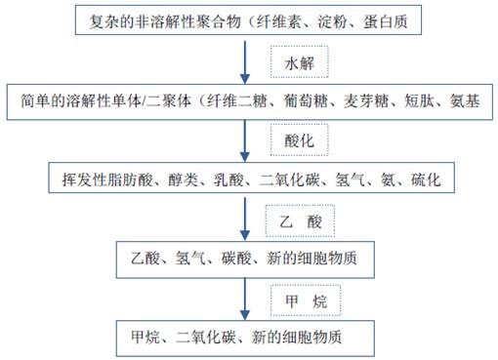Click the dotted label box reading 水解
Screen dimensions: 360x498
tap(300, 62)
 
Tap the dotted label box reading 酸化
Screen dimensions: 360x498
tap(300, 140)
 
